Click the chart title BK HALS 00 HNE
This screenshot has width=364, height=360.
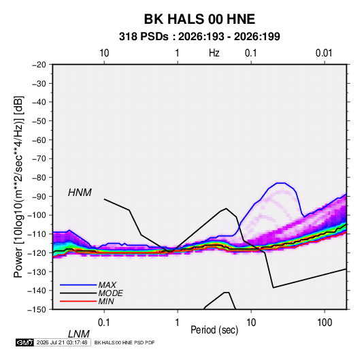pyautogui.click(x=199, y=19)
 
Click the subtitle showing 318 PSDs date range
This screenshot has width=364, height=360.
pyautogui.click(x=199, y=37)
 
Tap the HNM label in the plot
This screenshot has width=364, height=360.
pyautogui.click(x=80, y=193)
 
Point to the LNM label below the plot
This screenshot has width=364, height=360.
pyautogui.click(x=78, y=334)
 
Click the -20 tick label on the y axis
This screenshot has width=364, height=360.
pyautogui.click(x=39, y=65)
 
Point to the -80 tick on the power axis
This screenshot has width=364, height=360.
pyautogui.click(x=39, y=178)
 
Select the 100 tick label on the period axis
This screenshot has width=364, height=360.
pyautogui.click(x=325, y=323)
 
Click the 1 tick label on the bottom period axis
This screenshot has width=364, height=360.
pyautogui.click(x=177, y=323)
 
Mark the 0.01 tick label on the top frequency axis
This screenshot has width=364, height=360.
pyautogui.click(x=324, y=53)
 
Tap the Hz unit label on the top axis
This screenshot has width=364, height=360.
pyautogui.click(x=214, y=53)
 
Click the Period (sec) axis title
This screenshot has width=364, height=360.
pyautogui.click(x=214, y=330)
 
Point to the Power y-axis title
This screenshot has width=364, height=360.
pyautogui.click(x=18, y=187)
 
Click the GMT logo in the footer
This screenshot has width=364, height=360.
pyautogui.click(x=24, y=342)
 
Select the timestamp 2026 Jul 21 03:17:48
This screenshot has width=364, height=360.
pyautogui.click(x=62, y=342)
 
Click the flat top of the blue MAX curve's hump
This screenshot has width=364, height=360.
pyautogui.click(x=281, y=183)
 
